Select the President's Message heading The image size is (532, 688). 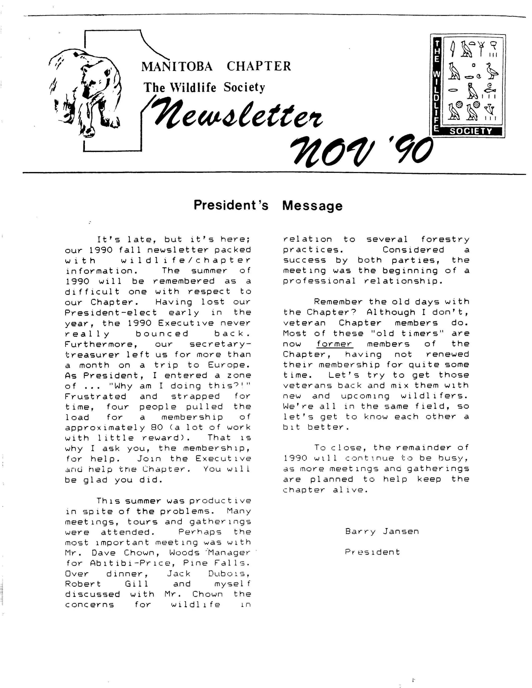pyautogui.click(x=268, y=205)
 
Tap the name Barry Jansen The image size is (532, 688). pyautogui.click(x=382, y=532)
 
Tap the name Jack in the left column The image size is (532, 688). pyautogui.click(x=178, y=574)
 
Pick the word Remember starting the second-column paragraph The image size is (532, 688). pyautogui.click(x=338, y=302)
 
